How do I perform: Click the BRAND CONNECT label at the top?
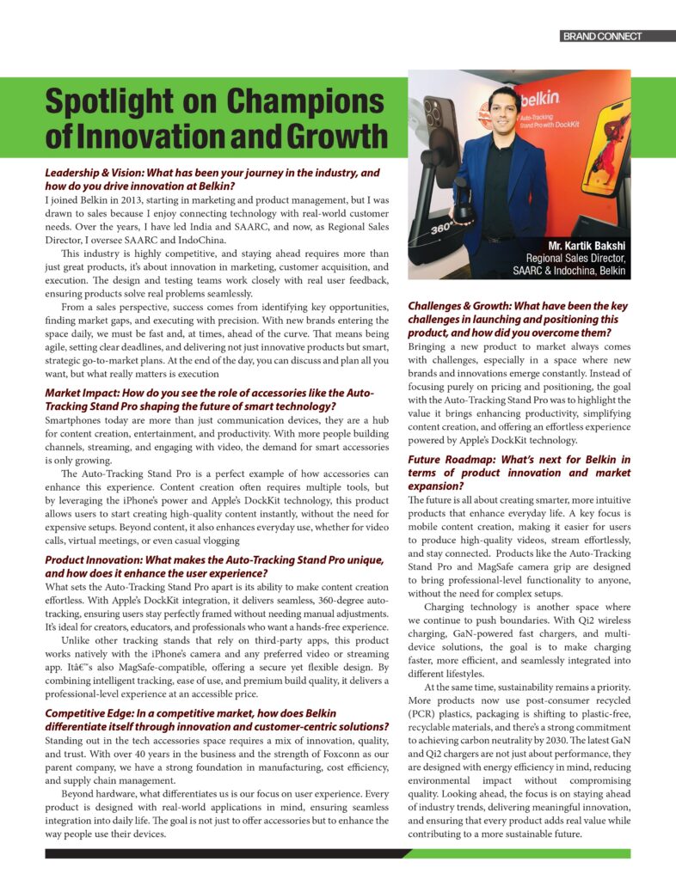click(x=601, y=37)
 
